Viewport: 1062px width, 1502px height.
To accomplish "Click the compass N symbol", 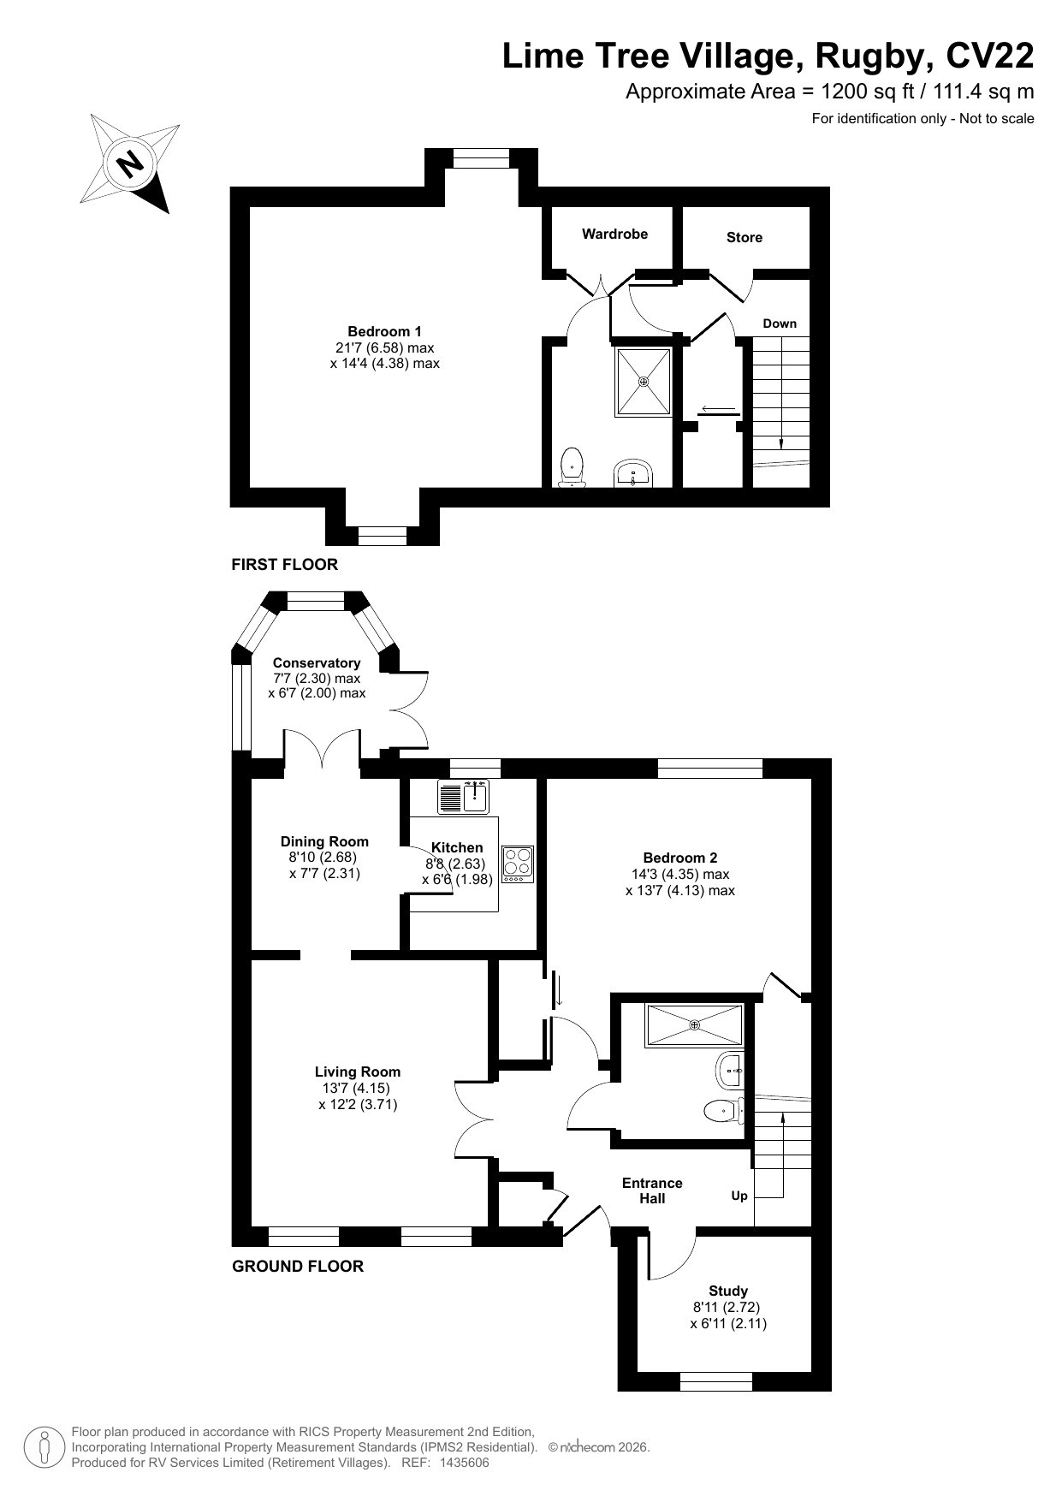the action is [x=130, y=163].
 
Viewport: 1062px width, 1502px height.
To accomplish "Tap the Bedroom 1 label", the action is [x=384, y=331].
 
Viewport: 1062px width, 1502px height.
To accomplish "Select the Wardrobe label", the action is [x=614, y=234].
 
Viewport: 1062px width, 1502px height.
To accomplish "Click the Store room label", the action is [x=744, y=237].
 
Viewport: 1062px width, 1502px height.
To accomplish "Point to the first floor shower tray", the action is [x=643, y=381].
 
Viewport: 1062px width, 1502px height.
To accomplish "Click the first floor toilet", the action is [x=572, y=467].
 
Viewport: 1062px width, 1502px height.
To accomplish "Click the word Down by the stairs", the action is [x=780, y=324].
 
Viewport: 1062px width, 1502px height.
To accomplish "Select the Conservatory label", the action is [x=317, y=662].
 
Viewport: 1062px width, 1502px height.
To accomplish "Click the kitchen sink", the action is [x=462, y=796].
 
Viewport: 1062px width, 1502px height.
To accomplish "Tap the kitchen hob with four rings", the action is [x=518, y=864].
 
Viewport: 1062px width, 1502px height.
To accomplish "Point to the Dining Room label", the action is [x=324, y=841].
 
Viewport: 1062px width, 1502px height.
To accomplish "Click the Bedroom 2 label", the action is [x=680, y=858].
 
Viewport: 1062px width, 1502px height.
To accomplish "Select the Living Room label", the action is [x=358, y=1072].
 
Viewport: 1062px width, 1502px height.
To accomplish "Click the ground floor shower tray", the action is [x=694, y=1025].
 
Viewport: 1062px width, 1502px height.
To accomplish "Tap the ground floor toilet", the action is [x=724, y=1111].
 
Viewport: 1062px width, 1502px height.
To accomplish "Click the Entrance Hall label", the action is [x=652, y=1190].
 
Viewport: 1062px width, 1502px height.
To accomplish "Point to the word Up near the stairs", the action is [x=739, y=1195].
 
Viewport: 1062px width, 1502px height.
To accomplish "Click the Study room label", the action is [x=728, y=1291].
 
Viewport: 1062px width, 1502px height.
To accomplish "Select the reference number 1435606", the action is [x=464, y=1463].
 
